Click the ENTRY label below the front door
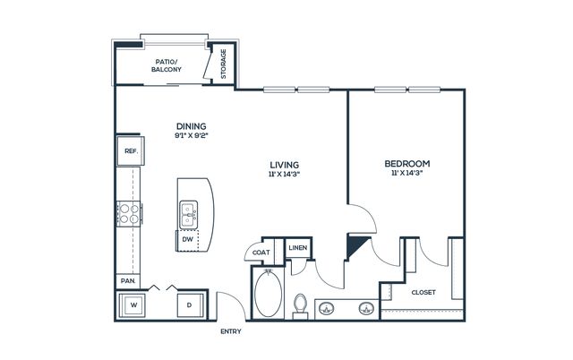231,331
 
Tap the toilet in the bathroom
301,306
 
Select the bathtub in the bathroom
269,294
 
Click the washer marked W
132,304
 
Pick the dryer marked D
189,305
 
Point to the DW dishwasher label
187,240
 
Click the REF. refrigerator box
131,151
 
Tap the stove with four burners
129,214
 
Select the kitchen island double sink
189,215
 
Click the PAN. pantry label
128,281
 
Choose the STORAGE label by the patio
224,64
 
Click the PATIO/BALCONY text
167,65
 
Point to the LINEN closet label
298,247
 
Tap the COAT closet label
261,253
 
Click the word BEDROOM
407,163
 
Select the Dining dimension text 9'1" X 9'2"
191,135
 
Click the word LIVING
285,165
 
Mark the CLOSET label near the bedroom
423,292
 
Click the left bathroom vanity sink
326,309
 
